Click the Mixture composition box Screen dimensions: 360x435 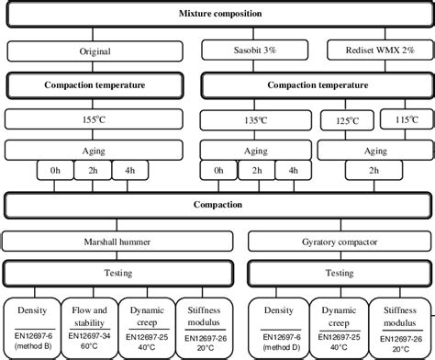coord(217,15)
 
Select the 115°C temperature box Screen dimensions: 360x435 coord(405,119)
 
